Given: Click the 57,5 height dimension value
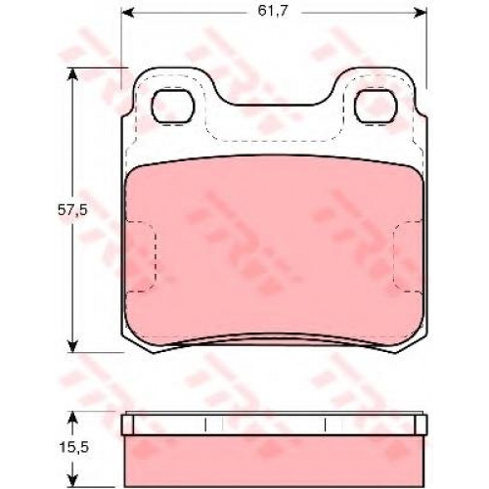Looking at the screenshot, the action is pos(72,210).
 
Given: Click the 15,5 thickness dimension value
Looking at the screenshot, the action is pos(73,448).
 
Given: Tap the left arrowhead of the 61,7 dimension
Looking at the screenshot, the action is pos(127,13).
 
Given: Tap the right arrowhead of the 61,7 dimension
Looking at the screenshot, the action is pos(421,13).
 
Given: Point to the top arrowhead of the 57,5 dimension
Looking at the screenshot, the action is pos(72,74).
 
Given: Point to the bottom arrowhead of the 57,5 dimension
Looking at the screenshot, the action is pos(72,345).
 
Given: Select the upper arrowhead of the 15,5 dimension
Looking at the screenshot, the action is pos(72,419).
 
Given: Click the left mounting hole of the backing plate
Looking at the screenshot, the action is pos(173,106).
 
